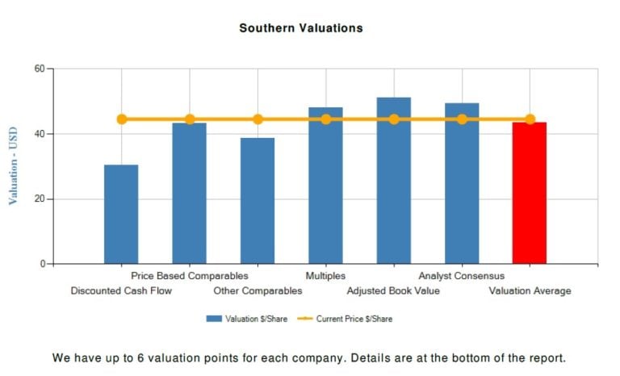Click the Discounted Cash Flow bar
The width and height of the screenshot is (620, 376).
(x=121, y=214)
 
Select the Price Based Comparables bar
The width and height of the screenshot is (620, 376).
(x=189, y=194)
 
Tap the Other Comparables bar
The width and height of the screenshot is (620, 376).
(x=258, y=201)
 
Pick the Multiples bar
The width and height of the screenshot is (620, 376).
(x=325, y=186)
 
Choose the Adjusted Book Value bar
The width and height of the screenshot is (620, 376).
(x=394, y=181)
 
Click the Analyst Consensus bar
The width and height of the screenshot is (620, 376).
(x=462, y=184)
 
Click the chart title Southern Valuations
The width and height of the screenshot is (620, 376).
(x=301, y=28)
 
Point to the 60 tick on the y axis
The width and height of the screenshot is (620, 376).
(x=38, y=69)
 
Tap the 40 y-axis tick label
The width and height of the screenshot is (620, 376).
(x=38, y=134)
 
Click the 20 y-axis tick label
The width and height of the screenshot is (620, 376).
(x=38, y=199)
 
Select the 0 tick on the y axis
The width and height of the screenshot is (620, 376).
(x=41, y=264)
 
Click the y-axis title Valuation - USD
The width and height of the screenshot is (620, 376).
(x=13, y=166)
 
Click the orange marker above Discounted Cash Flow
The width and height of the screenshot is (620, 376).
(x=122, y=119)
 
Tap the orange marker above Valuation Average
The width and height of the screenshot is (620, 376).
(x=530, y=119)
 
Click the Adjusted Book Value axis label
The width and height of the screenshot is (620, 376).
(x=393, y=290)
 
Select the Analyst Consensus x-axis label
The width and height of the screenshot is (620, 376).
(x=461, y=276)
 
